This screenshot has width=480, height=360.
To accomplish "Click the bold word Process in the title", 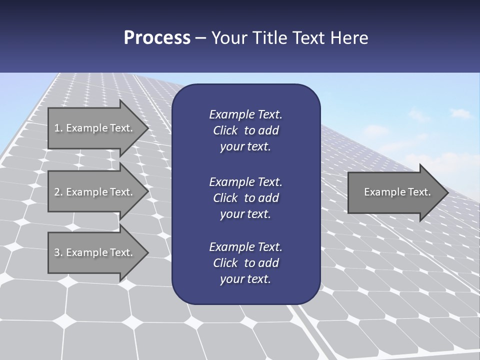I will tap(157, 38).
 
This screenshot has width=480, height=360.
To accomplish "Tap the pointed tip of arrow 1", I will tap(147, 128).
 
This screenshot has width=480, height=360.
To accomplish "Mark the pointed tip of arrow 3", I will tap(147, 252).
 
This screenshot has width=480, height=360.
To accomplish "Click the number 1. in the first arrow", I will tap(58, 128).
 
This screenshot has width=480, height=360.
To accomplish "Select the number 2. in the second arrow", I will tap(58, 192).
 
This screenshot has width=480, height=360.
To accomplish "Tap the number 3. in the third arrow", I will tap(58, 252).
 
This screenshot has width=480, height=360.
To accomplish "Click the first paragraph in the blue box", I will tap(245, 130).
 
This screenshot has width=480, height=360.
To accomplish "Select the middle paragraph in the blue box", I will tap(245, 197).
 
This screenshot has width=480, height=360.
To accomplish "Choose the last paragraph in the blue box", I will tap(245, 263).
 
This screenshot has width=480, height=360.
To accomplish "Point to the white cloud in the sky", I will tap(460, 114).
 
